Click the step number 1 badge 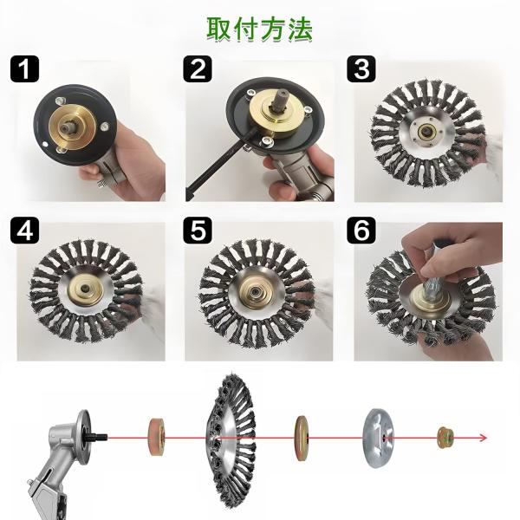pyautogui.click(x=24, y=69)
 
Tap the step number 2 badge pyautogui.click(x=198, y=69)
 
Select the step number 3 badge pyautogui.click(x=361, y=69)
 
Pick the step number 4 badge pyautogui.click(x=24, y=231)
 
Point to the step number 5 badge pyautogui.click(x=198, y=231)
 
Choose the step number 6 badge pyautogui.click(x=361, y=231)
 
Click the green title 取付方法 pyautogui.click(x=260, y=29)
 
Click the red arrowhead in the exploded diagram pyautogui.click(x=483, y=438)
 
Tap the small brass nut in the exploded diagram pyautogui.click(x=445, y=437)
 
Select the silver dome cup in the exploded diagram pyautogui.click(x=379, y=438)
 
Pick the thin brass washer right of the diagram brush pyautogui.click(x=301, y=439)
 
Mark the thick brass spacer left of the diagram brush pyautogui.click(x=157, y=437)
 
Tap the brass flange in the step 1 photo pyautogui.click(x=72, y=127)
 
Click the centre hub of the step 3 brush pyautogui.click(x=426, y=132)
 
